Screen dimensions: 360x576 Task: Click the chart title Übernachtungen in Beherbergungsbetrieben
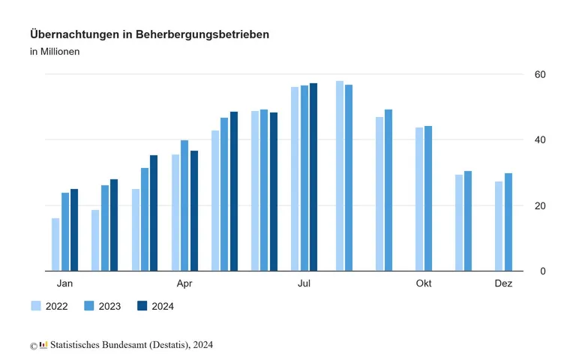pyautogui.click(x=149, y=34)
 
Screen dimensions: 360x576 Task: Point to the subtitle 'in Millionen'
pyautogui.click(x=55, y=52)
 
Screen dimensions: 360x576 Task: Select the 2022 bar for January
pyautogui.click(x=55, y=244)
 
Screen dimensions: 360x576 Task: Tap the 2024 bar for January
pyautogui.click(x=74, y=229)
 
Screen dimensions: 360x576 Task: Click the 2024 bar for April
pyautogui.click(x=194, y=211)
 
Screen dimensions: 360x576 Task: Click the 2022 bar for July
pyautogui.click(x=295, y=178)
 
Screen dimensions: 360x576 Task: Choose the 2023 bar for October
pyautogui.click(x=428, y=198)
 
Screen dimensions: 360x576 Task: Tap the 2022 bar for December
pyautogui.click(x=499, y=226)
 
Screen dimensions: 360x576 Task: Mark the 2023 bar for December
pyautogui.click(x=508, y=222)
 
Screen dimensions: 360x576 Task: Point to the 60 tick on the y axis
pyautogui.click(x=540, y=74)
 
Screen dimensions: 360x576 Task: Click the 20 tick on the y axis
pyautogui.click(x=540, y=205)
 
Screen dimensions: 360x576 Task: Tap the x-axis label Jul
pyautogui.click(x=304, y=283)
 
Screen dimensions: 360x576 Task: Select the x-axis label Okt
pyautogui.click(x=424, y=283)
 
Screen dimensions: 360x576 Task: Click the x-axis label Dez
pyautogui.click(x=503, y=283)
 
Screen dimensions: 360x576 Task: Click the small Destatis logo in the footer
pyautogui.click(x=43, y=345)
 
